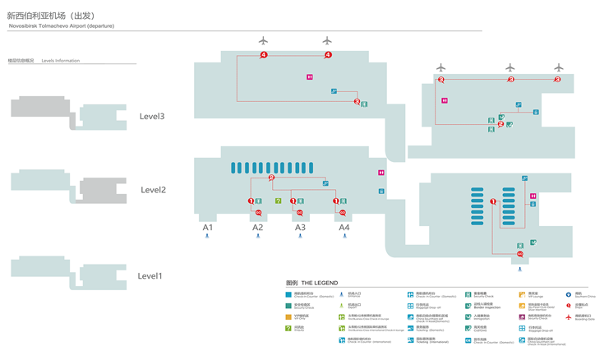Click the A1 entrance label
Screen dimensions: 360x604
pyautogui.click(x=208, y=228)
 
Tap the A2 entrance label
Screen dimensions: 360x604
pyautogui.click(x=257, y=228)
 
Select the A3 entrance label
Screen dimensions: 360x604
pyautogui.click(x=300, y=228)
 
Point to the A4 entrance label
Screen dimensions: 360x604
pyautogui.click(x=344, y=228)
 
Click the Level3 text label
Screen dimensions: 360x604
pyautogui.click(x=152, y=117)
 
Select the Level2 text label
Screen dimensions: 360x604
pyautogui.click(x=153, y=190)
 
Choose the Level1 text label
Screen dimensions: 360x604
pyautogui.click(x=150, y=276)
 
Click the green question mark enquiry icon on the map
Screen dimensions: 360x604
pyautogui.click(x=279, y=201)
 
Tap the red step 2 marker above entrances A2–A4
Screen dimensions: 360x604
pyautogui.click(x=271, y=178)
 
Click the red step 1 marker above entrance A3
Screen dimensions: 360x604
pyautogui.click(x=293, y=201)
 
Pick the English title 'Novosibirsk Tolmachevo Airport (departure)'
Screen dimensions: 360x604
pyautogui.click(x=62, y=26)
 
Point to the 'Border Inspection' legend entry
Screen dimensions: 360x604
pyautogui.click(x=483, y=307)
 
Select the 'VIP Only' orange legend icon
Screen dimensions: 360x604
pyautogui.click(x=288, y=316)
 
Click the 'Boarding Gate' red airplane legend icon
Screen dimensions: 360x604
pyautogui.click(x=568, y=316)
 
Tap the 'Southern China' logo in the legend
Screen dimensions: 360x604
pyautogui.click(x=568, y=294)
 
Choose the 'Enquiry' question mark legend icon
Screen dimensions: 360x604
pyautogui.click(x=288, y=328)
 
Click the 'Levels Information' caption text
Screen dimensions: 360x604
pyautogui.click(x=61, y=61)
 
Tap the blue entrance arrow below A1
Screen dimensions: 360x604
pyautogui.click(x=208, y=237)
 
